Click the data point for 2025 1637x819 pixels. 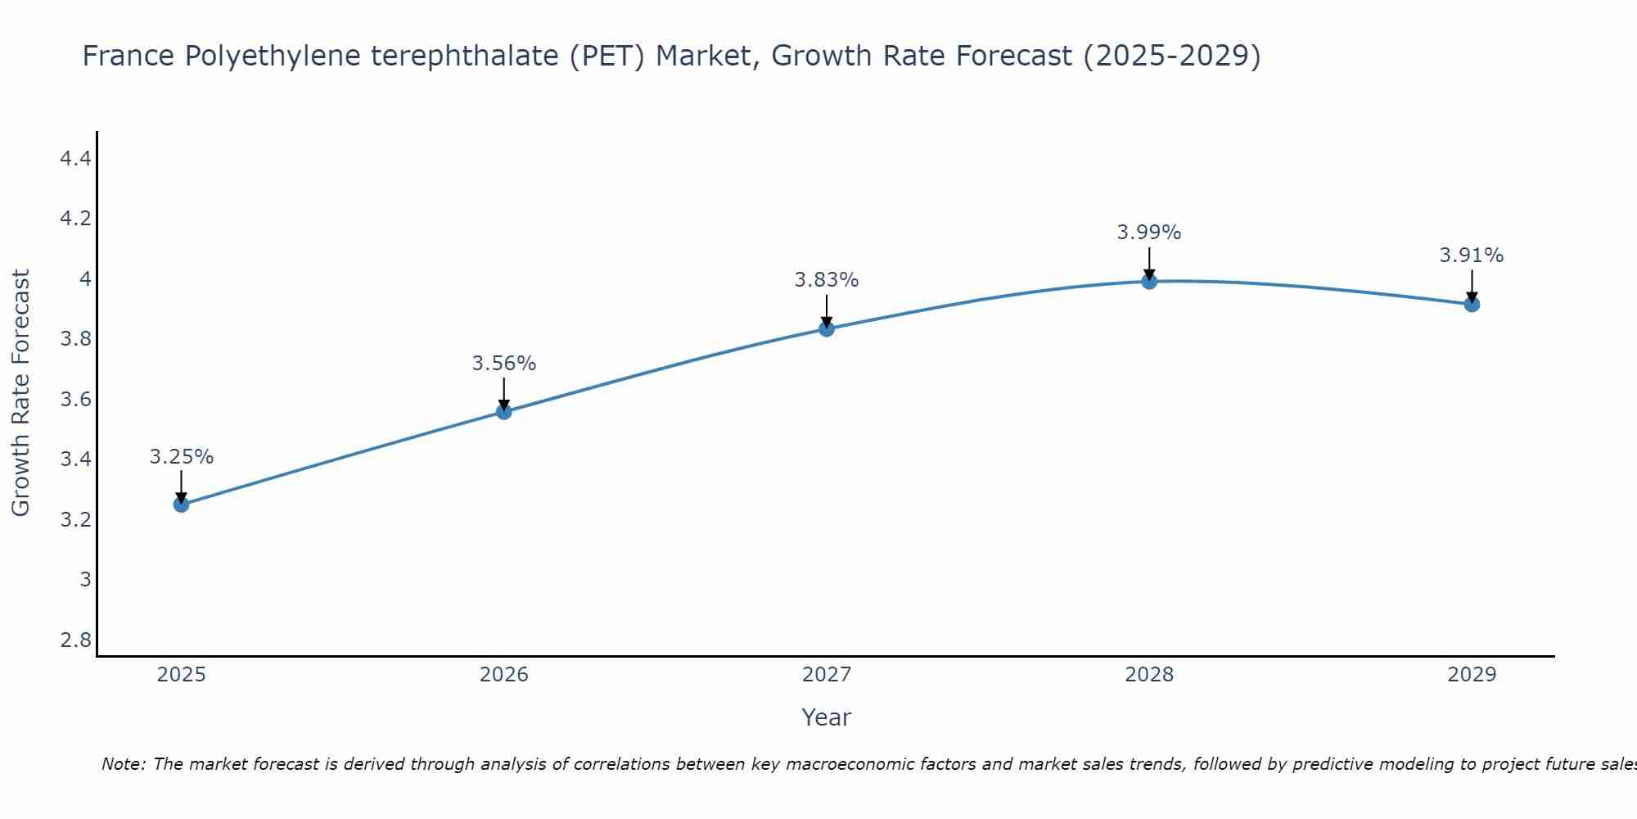coord(182,505)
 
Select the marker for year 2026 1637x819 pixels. coord(504,412)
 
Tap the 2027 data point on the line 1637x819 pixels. coord(827,329)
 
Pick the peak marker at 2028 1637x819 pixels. coord(1149,282)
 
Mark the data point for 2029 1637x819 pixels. coord(1472,305)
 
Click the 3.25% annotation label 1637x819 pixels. coord(182,457)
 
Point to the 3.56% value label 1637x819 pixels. coord(504,364)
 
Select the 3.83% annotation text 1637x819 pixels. coord(827,280)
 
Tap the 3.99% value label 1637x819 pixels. coord(1149,233)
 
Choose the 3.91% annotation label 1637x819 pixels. coord(1472,256)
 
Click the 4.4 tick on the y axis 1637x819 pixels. coord(75,159)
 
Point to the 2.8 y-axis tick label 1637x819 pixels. coord(75,640)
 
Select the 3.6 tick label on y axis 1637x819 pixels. coord(75,400)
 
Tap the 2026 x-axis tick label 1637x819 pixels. coord(504,675)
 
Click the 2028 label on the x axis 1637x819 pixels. coord(1149,675)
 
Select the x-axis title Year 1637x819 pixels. coord(827,717)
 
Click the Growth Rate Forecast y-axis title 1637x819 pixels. coord(21,393)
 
